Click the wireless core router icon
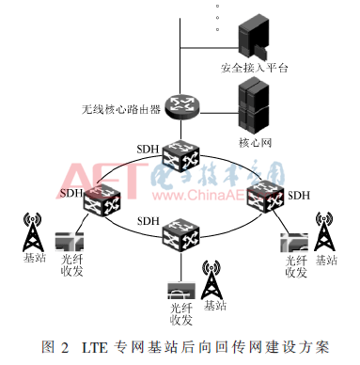pyautogui.click(x=176, y=108)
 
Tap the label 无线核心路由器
pyautogui.click(x=120, y=109)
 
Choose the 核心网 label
pyautogui.click(x=255, y=142)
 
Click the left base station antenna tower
pyautogui.click(x=35, y=232)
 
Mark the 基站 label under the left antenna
pyautogui.click(x=34, y=258)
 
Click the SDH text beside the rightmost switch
pyautogui.click(x=299, y=196)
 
